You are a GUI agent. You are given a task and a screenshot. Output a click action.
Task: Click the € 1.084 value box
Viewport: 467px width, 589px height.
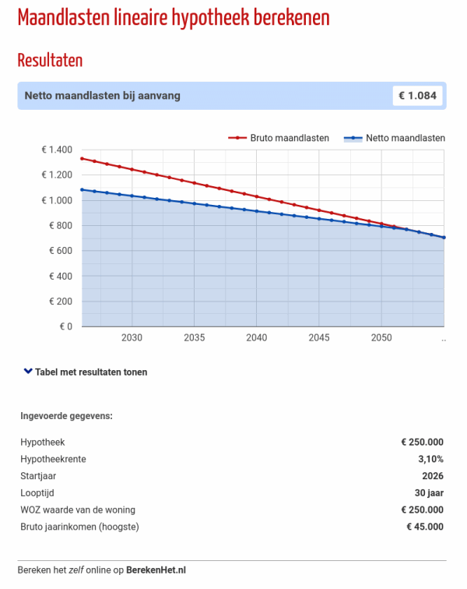[x=419, y=96]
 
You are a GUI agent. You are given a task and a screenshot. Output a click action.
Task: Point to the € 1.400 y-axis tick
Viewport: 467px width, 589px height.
[x=56, y=150]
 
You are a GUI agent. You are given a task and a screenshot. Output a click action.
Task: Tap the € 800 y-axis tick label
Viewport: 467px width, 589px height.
[x=60, y=226]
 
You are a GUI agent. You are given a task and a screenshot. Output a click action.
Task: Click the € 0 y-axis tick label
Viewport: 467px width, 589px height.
[x=65, y=326]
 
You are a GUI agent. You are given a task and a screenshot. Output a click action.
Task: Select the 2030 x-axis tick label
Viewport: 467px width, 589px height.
[x=132, y=338]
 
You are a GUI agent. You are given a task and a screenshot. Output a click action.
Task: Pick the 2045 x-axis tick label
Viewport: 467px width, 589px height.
[x=318, y=338]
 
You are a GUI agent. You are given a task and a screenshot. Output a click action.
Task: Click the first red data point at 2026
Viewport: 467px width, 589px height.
[x=82, y=158]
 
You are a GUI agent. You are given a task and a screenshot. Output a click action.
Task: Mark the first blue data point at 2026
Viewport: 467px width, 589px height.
[x=82, y=189]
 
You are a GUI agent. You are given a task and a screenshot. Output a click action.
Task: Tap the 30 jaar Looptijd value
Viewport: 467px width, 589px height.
[x=429, y=493]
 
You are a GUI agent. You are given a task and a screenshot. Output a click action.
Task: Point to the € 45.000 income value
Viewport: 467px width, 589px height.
[x=425, y=527]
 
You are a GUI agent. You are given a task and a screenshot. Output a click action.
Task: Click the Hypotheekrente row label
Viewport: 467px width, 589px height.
[x=53, y=459]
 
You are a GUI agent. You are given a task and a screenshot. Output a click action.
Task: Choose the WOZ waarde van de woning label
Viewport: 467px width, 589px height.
[x=78, y=510]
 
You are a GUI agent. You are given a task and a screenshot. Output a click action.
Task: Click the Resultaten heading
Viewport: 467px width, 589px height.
[x=50, y=60]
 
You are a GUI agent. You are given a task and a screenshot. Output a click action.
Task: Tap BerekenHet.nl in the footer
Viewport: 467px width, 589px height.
[x=156, y=570]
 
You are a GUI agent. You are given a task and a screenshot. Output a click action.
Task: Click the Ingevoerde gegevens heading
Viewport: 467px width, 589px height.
[x=66, y=415]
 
